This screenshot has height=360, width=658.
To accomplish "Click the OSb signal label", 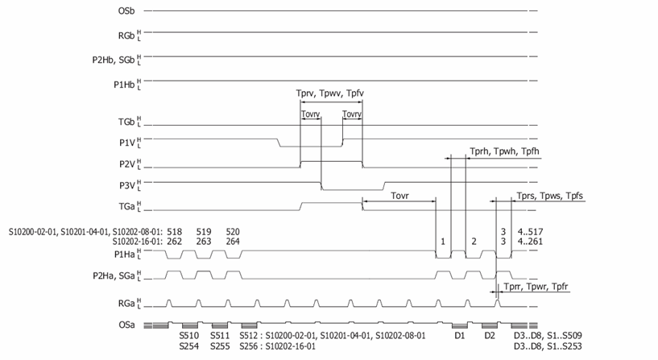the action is (x=126, y=11).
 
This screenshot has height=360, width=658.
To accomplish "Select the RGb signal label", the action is (x=126, y=35).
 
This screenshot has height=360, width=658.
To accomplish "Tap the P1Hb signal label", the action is (x=124, y=85).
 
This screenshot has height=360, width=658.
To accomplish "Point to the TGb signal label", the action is (x=126, y=122).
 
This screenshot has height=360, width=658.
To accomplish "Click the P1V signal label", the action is (x=127, y=143).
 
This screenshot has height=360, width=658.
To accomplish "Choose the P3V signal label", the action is (x=127, y=185).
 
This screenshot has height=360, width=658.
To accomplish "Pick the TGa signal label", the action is (x=126, y=206).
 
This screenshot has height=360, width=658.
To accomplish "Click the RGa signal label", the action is (x=126, y=303).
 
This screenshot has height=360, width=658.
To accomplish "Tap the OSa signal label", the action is (x=126, y=325).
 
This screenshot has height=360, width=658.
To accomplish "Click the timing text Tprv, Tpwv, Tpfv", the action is (x=330, y=93).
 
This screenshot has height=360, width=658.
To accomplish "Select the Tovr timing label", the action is (x=399, y=196).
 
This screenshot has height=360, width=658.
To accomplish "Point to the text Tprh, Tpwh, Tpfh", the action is (x=504, y=151).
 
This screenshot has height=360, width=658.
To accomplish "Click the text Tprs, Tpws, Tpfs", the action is (x=550, y=196).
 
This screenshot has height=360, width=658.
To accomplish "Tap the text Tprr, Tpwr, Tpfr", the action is (x=536, y=287).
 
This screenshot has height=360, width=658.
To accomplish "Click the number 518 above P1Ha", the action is (x=174, y=232).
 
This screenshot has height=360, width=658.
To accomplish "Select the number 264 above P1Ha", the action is (x=233, y=242).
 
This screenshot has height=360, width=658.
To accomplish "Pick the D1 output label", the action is (x=460, y=336).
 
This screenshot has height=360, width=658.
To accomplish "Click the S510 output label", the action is (x=189, y=336).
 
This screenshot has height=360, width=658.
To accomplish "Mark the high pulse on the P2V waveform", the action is (x=332, y=161).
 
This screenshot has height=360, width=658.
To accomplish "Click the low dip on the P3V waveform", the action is (x=353, y=189).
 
